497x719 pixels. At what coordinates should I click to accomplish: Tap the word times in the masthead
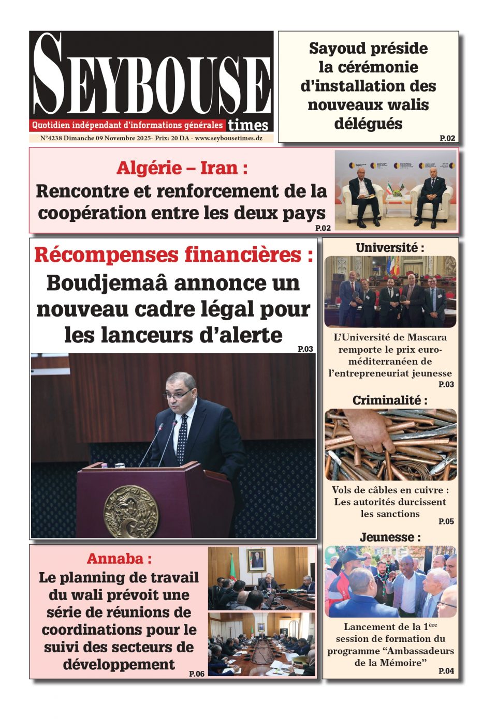[x=248, y=125]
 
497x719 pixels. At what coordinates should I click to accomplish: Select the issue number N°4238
[x=52, y=138]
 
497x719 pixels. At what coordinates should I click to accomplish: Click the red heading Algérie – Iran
[x=182, y=168]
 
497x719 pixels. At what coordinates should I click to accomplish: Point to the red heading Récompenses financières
[x=173, y=255]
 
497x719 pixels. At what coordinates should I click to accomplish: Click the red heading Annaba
[x=119, y=559]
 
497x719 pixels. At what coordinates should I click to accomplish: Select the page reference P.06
[x=197, y=673]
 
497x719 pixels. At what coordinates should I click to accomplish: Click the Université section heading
[x=390, y=248]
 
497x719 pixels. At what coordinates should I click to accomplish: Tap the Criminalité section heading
[x=390, y=400]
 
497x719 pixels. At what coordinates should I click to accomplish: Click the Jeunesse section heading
[x=390, y=537]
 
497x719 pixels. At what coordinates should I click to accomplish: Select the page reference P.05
[x=446, y=521]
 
